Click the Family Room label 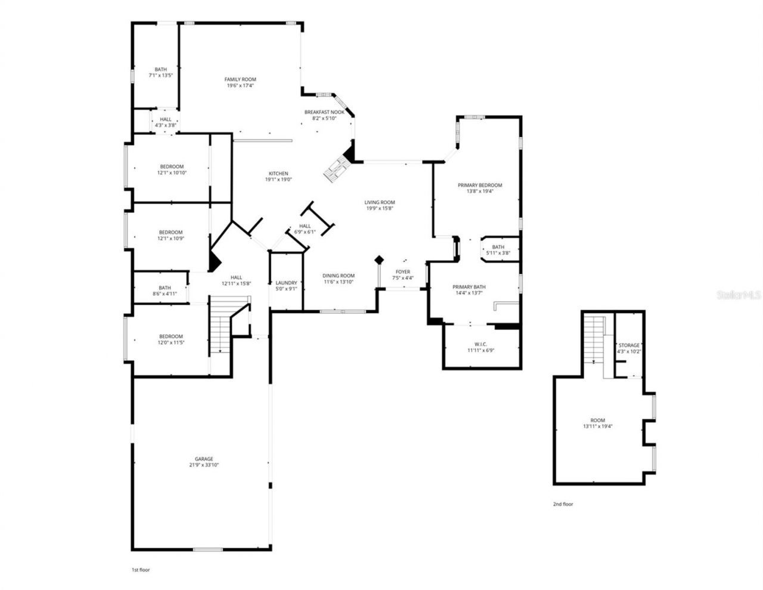coord(240,79)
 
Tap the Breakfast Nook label coord(324,112)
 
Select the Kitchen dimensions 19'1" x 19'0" coord(278,180)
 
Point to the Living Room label coord(380,202)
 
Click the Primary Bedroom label coord(480,185)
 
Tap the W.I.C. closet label coord(481,344)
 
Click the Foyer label coord(404,272)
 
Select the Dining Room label coord(339,276)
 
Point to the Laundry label coord(286,283)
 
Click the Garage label coord(204,459)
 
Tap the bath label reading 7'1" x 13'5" coord(161,69)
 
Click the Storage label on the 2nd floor coord(629,345)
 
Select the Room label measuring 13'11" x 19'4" coord(598,421)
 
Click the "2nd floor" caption coord(563,504)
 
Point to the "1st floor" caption coord(141,570)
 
